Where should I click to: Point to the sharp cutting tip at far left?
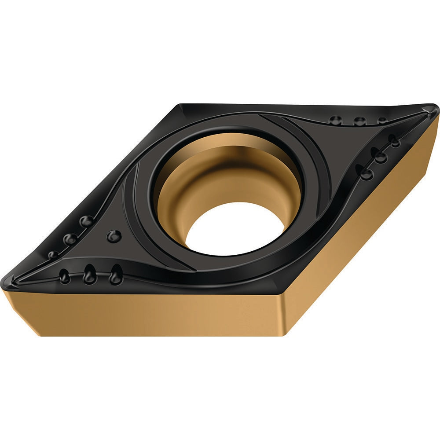click(x=6, y=282)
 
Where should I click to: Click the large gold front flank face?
click(x=145, y=312)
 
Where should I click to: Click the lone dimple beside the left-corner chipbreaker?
click(x=114, y=236)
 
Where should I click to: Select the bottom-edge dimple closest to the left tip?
click(x=65, y=276)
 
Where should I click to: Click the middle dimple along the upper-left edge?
click(x=70, y=239)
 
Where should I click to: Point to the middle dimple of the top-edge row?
click(x=360, y=121)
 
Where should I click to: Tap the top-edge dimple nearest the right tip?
click(x=382, y=120)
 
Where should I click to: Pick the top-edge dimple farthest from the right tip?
click(x=336, y=120)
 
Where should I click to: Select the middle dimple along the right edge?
click(x=379, y=156)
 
